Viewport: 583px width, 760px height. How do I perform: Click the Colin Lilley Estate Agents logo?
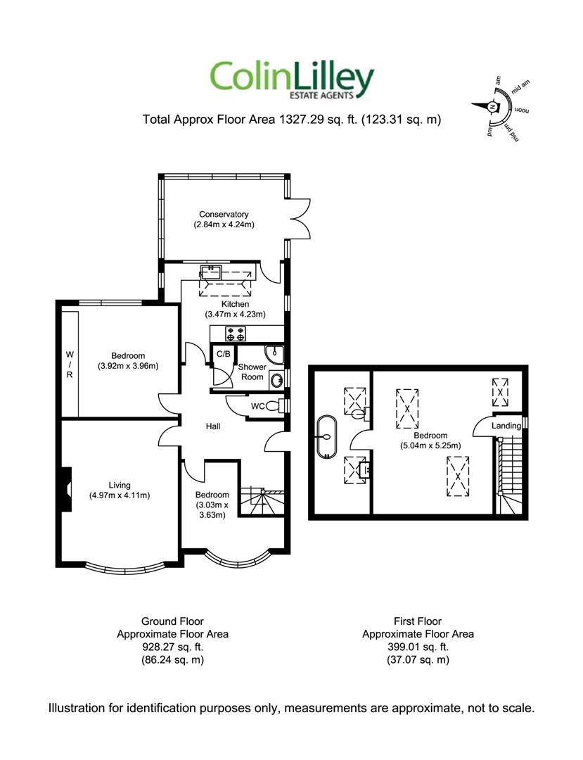point(291,80)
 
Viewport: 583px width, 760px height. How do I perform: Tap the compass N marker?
point(492,107)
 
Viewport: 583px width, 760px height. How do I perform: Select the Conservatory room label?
point(224,214)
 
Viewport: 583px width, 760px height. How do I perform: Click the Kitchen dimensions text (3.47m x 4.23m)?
point(236,314)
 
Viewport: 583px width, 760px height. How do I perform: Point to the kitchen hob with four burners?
point(236,334)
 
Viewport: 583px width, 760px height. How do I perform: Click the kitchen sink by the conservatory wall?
point(211,272)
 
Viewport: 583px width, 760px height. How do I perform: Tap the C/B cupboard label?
point(223,354)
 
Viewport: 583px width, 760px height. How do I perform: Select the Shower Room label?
point(252,372)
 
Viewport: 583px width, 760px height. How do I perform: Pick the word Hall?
point(213,426)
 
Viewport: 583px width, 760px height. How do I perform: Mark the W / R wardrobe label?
point(70,365)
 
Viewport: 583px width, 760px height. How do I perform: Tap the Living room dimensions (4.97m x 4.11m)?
point(120,495)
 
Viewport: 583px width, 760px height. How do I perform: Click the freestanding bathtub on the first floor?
point(326,436)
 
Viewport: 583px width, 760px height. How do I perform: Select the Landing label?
point(506,426)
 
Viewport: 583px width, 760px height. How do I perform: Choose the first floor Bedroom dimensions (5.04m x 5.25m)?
point(430,445)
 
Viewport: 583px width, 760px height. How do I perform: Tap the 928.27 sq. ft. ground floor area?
point(172,647)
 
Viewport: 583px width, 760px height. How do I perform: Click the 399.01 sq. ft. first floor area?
point(418,647)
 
